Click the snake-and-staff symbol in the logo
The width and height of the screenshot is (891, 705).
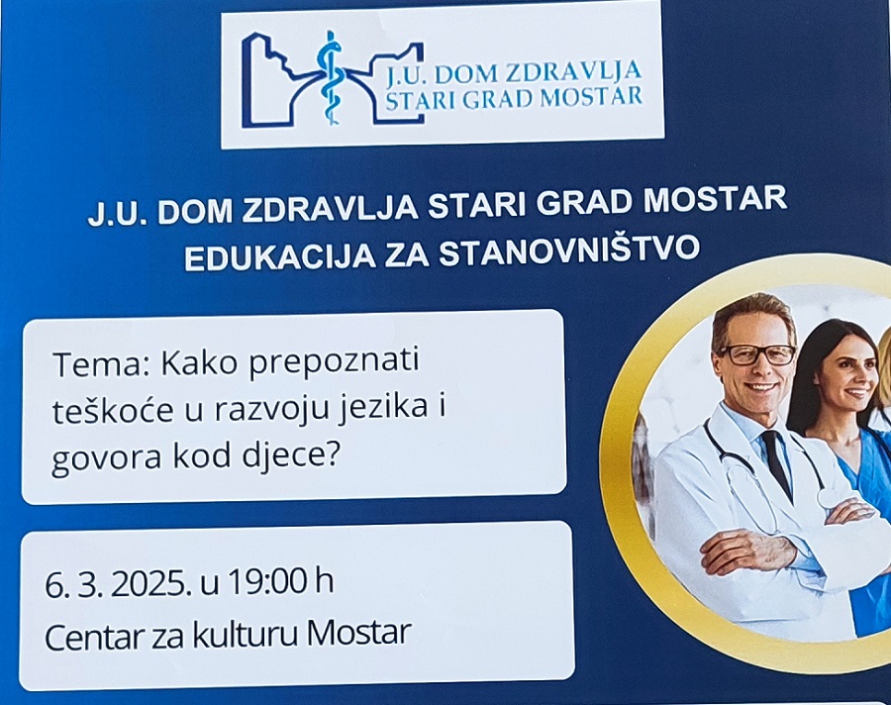(330, 78)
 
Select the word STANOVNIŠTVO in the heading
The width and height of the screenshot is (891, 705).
(569, 251)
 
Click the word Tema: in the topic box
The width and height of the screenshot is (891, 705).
(104, 363)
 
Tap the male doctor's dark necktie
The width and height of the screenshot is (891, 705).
(777, 460)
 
